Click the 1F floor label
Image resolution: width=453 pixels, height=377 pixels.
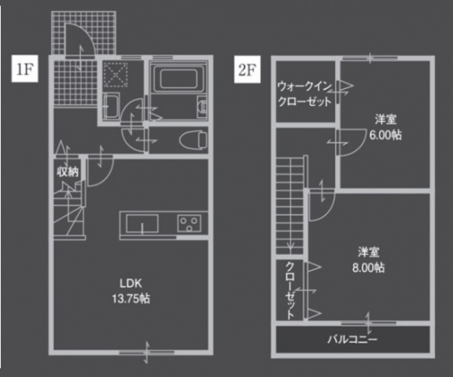pos(24,69)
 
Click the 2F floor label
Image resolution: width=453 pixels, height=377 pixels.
pos(247,69)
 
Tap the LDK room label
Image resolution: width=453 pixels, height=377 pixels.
pos(131,283)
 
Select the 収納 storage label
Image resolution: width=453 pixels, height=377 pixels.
pos(66,171)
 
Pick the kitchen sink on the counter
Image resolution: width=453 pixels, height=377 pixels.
pos(142,224)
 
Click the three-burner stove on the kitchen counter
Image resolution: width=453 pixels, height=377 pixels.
pos(190,223)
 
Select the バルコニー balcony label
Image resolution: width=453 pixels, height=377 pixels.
pos(352,340)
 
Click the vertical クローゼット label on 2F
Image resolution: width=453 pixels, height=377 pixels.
pos(290,289)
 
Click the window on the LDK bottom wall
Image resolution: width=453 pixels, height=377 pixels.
pos(148,351)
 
